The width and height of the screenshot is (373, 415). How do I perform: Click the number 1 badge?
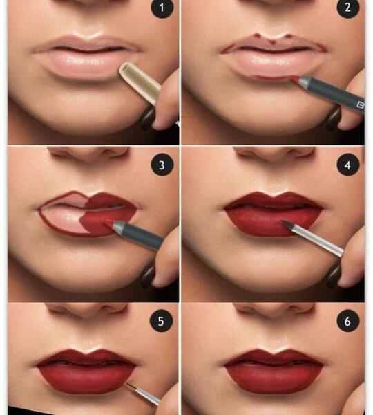pos(162,8)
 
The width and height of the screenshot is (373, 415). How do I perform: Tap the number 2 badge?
pos(348,8)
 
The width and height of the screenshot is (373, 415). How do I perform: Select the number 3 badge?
pos(162,165)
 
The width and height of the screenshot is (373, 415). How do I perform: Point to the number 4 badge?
pos(348,165)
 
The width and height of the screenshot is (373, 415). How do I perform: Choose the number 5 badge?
pos(161,322)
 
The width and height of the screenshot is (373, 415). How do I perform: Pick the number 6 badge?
pos(348,322)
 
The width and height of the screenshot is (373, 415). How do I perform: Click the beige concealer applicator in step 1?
pos(140,82)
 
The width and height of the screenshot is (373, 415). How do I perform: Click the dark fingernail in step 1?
pos(148,118)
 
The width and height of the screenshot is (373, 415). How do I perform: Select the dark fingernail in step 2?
pos(334,118)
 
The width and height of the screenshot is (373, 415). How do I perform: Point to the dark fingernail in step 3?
pos(148,276)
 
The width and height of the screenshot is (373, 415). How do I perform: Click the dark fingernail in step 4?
pos(334,276)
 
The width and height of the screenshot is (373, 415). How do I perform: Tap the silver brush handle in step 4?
pos(317,240)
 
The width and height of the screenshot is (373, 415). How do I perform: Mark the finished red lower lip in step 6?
pos(274,378)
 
